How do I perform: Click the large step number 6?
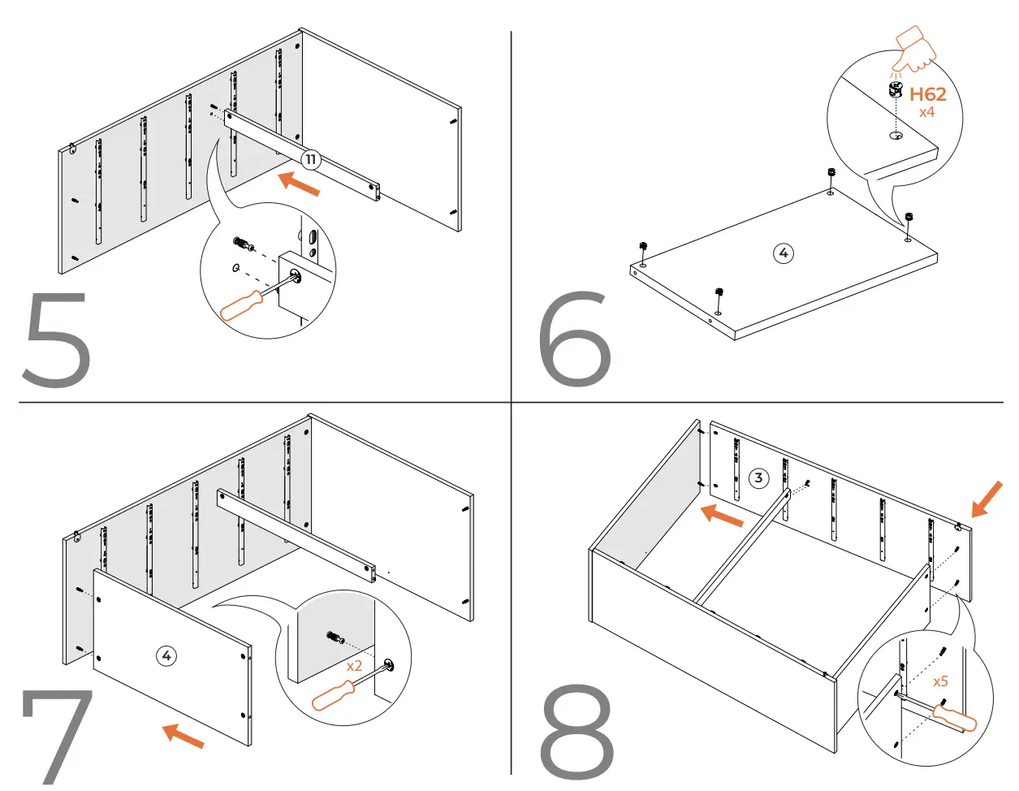(574, 339)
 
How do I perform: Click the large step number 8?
(576, 733)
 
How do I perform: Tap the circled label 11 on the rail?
(310, 160)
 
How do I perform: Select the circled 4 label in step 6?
(783, 253)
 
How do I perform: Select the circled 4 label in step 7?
(166, 655)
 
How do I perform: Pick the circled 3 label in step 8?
(758, 478)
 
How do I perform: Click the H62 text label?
(927, 94)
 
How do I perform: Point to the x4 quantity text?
(926, 112)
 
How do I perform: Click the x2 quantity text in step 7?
(354, 666)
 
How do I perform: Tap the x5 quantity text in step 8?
(940, 681)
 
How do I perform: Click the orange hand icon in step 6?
(914, 49)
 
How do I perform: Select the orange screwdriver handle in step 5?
(242, 305)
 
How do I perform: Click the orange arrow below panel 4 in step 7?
(184, 736)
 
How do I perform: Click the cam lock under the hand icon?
(895, 89)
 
